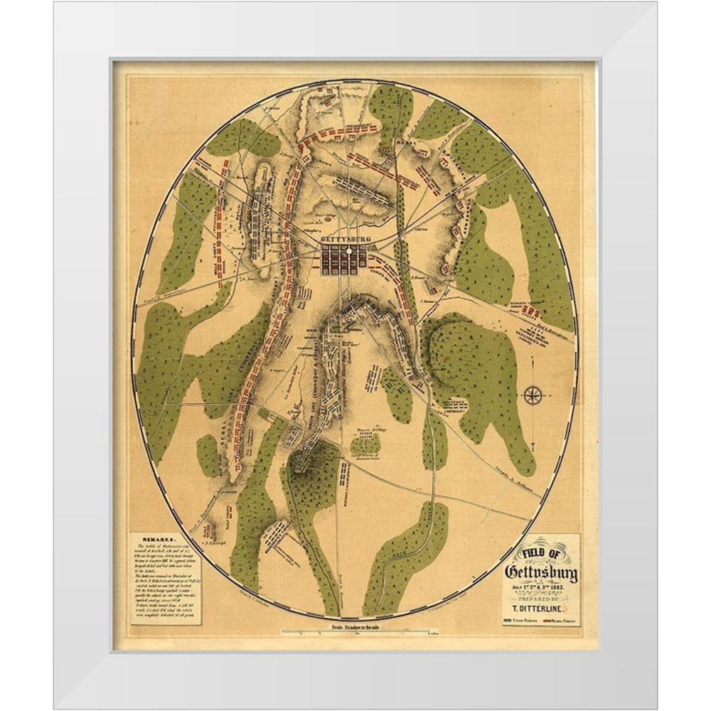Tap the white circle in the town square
[350, 252]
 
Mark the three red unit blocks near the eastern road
[533, 311]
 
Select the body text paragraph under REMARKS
[165, 579]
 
